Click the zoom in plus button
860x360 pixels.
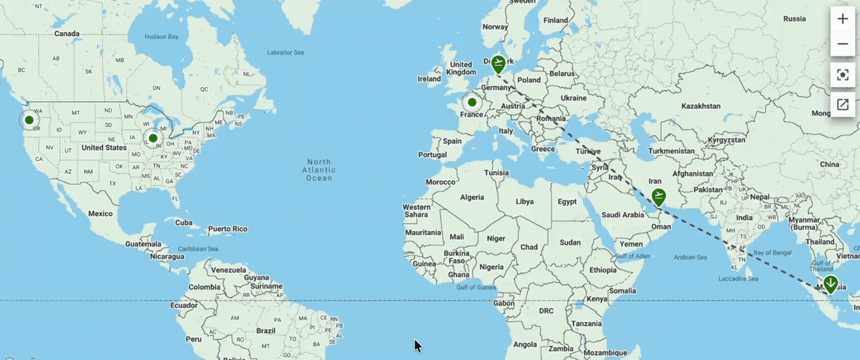click(843, 19)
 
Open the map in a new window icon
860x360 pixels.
click(843, 104)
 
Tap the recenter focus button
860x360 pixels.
click(843, 74)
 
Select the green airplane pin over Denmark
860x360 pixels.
click(498, 64)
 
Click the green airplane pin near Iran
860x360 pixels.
click(658, 197)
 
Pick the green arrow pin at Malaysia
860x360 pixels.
click(831, 283)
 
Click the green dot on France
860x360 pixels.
click(472, 102)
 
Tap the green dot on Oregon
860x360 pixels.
click(29, 120)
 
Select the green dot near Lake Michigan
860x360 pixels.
click(153, 138)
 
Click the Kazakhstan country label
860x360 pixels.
click(701, 106)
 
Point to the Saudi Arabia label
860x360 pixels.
click(623, 215)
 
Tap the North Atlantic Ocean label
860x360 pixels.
click(319, 170)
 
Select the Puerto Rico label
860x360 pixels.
click(228, 229)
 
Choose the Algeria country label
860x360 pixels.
click(471, 197)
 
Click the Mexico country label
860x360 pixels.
click(100, 214)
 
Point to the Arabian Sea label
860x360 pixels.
click(690, 257)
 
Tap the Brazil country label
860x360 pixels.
click(266, 330)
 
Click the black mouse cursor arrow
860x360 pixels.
click(417, 345)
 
